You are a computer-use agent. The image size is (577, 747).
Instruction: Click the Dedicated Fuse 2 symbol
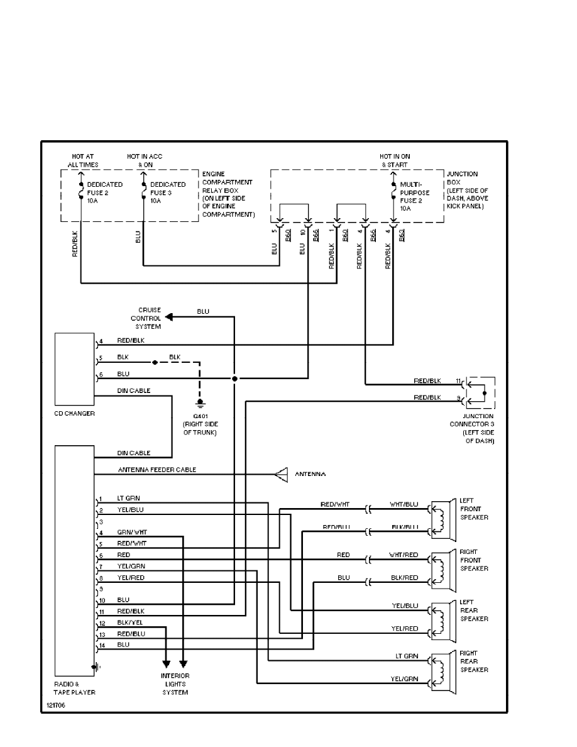tap(81, 189)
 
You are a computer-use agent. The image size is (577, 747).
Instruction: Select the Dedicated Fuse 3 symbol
tap(144, 189)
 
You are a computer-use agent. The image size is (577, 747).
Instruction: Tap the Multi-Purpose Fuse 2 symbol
tap(393, 189)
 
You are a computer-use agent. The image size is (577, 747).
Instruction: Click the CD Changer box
tap(74, 369)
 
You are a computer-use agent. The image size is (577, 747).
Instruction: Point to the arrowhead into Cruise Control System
tap(168, 317)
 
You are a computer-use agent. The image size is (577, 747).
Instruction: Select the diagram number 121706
tap(55, 705)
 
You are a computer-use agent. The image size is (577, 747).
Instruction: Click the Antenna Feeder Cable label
tap(157, 470)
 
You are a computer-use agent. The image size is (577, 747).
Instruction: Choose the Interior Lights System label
tap(175, 684)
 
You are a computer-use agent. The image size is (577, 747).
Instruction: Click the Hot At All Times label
tap(83, 160)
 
